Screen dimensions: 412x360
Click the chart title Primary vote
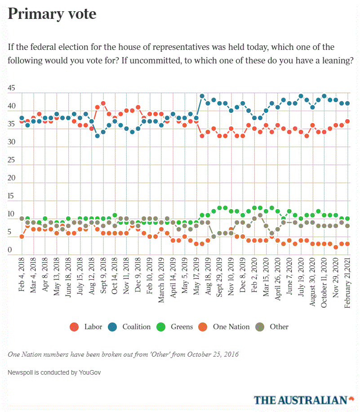click(x=52, y=14)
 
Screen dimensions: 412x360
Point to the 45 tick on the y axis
click(x=12, y=89)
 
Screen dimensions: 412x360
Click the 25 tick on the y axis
click(x=12, y=160)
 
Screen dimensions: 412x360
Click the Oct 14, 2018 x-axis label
click(x=115, y=277)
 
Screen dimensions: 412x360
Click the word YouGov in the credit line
click(x=84, y=373)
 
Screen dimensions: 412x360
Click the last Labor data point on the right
click(x=347, y=121)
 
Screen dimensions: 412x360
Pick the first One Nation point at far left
click(x=22, y=237)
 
